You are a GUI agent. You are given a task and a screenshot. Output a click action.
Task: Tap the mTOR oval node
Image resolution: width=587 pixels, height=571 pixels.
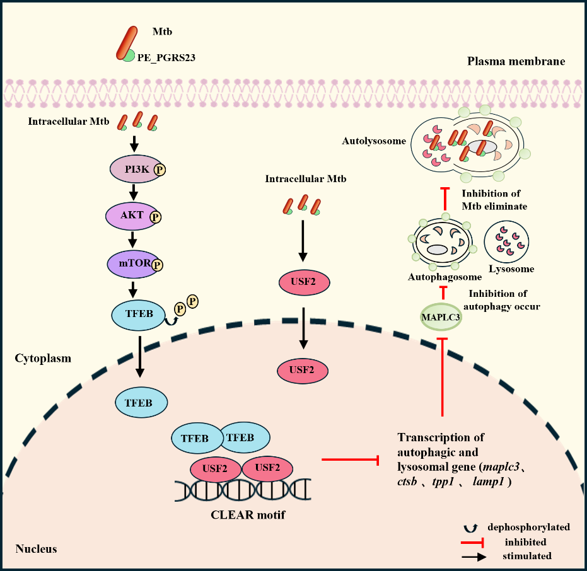point(131,264)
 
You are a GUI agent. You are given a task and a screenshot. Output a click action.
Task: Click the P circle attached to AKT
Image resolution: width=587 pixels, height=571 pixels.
point(154,217)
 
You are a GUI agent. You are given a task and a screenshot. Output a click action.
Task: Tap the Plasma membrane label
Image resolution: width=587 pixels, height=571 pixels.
point(516,62)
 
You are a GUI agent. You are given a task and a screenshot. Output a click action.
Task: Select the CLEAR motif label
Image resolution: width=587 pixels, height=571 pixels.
point(248,515)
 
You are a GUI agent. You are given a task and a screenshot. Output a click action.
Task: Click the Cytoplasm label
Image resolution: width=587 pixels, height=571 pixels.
point(43,359)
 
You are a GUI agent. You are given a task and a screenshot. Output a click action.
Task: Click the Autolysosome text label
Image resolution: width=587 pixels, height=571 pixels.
point(375,141)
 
